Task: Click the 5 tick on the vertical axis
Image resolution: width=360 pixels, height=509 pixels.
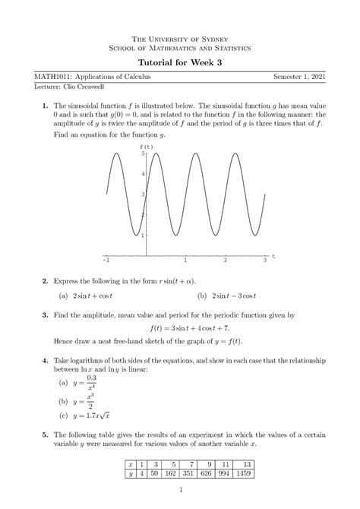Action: [x=141, y=153]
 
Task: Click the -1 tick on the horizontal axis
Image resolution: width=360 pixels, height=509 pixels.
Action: [x=106, y=261]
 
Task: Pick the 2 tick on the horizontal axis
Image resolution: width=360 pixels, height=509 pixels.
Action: [x=226, y=261]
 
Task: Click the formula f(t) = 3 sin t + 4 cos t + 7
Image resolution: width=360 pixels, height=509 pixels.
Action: [x=179, y=329]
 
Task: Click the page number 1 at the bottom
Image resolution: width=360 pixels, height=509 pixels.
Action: [x=180, y=498]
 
